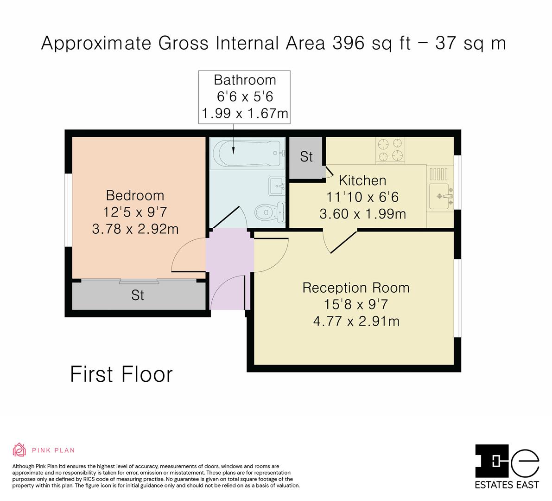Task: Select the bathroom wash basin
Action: pyautogui.click(x=277, y=186)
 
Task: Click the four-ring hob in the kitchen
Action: pyautogui.click(x=390, y=150)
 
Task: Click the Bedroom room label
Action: pyautogui.click(x=135, y=196)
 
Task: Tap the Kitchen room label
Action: pyautogui.click(x=362, y=180)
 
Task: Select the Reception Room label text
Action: pyautogui.click(x=356, y=288)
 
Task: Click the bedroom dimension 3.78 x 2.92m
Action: pyautogui.click(x=135, y=229)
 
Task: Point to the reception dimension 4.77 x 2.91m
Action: pyautogui.click(x=356, y=321)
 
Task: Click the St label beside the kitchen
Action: pyautogui.click(x=306, y=157)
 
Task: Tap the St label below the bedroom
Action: pyautogui.click(x=138, y=295)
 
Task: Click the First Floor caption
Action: pyautogui.click(x=121, y=374)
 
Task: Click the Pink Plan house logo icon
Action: pyautogui.click(x=19, y=450)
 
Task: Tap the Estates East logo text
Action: pyautogui.click(x=507, y=485)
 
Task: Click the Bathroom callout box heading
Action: pyautogui.click(x=245, y=80)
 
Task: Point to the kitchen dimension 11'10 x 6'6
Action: pyautogui.click(x=362, y=197)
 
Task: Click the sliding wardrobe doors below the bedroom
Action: pyautogui.click(x=139, y=281)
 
